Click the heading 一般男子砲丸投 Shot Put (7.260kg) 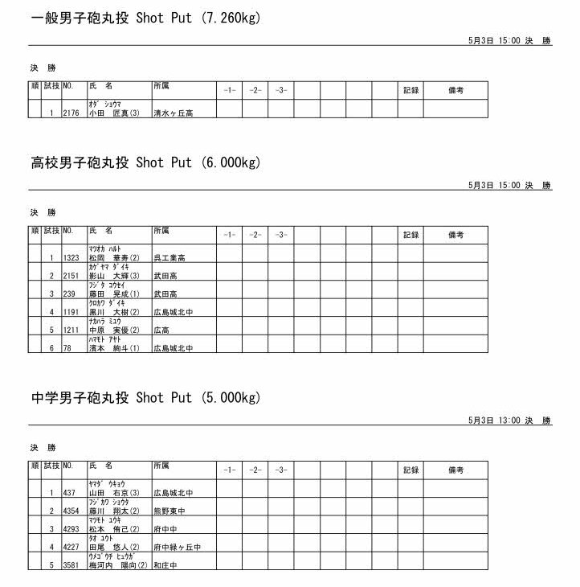146,18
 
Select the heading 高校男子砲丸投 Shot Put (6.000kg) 146,163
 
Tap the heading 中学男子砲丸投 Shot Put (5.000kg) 146,398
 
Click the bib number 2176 71,113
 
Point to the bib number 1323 71,258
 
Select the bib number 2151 71,276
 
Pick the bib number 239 68,294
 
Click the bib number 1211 71,330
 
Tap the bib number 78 67,348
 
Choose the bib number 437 69,493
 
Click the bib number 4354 71,511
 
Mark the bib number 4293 71,529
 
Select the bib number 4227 71,548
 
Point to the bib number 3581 71,565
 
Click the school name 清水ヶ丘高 173,113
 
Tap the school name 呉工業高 170,258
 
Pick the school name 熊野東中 170,511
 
